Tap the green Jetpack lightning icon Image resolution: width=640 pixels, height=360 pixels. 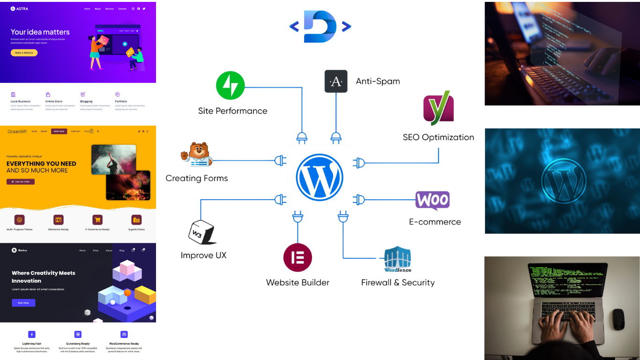point(230,85)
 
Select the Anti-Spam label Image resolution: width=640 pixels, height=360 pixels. point(378,81)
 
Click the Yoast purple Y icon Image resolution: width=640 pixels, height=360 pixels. point(439,108)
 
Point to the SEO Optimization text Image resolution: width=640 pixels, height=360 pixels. point(438,137)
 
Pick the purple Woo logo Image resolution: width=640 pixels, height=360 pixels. point(432,201)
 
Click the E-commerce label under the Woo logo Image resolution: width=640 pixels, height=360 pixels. point(435,222)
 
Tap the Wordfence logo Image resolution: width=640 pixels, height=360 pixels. point(398,259)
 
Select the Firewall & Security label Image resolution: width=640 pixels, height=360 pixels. point(398,282)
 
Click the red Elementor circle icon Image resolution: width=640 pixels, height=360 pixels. point(298,257)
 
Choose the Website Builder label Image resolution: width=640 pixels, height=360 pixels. point(298,282)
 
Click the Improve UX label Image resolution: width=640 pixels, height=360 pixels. point(203,255)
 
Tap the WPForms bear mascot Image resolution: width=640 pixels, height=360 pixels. point(197,155)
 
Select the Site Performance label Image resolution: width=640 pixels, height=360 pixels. point(232,111)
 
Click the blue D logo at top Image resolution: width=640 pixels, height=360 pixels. point(320,26)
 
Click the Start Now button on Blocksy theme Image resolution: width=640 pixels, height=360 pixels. point(23,303)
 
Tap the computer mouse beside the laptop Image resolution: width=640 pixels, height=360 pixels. point(618,319)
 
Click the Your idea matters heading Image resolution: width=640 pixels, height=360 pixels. point(40,32)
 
